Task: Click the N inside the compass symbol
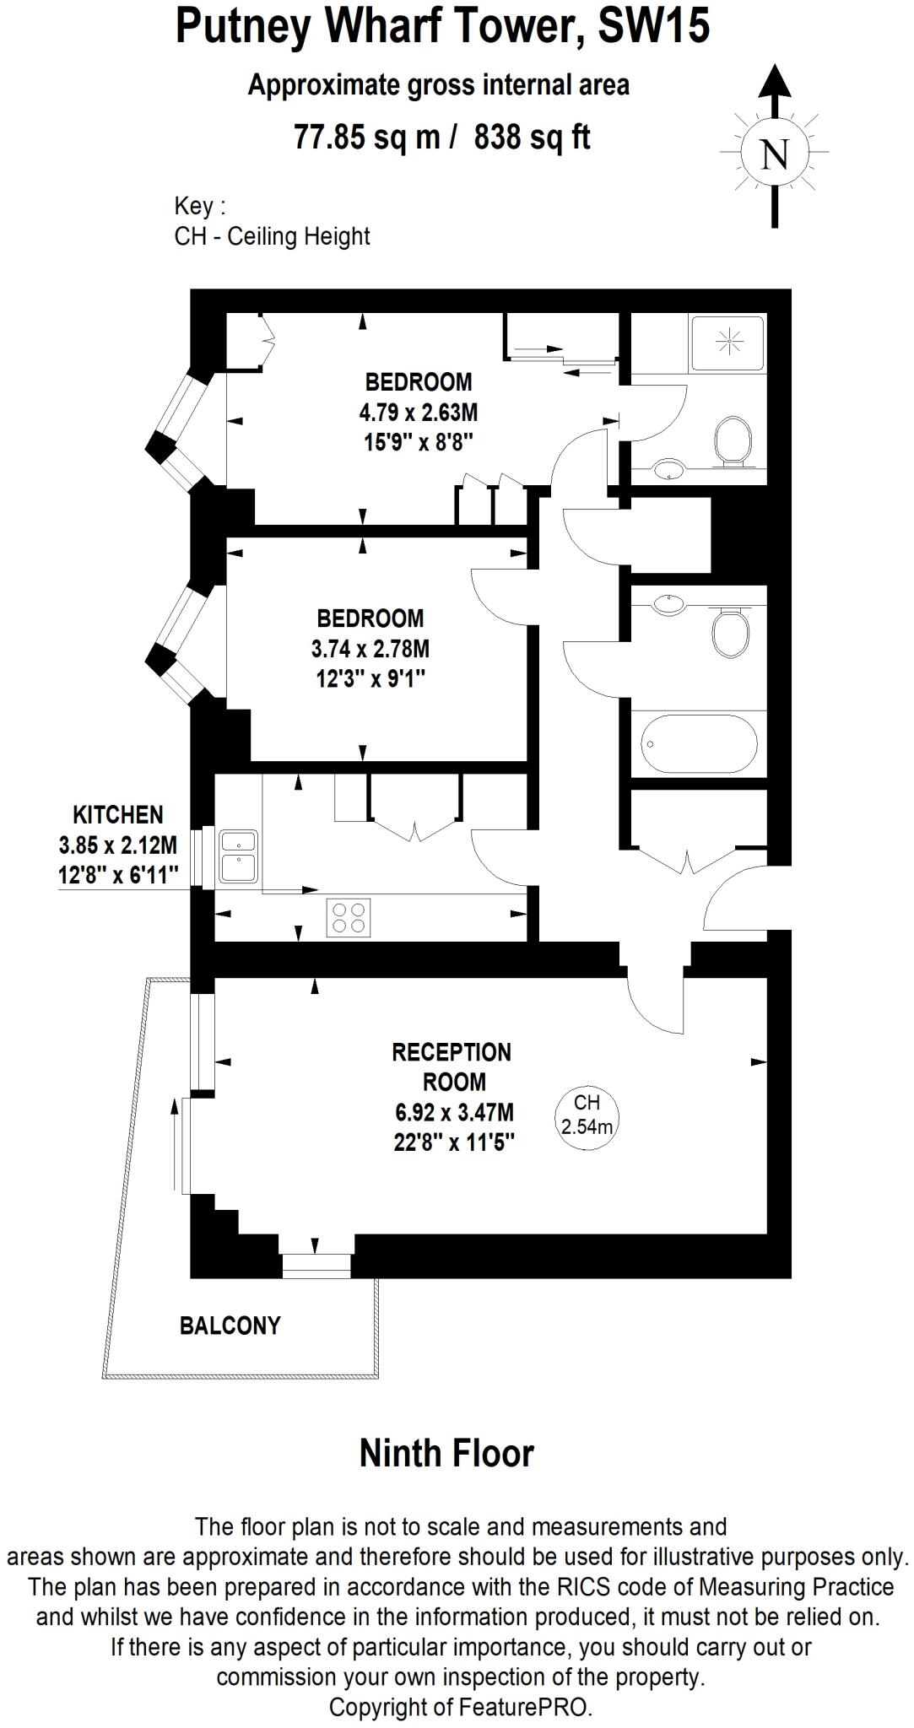coord(774,154)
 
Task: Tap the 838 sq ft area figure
coord(532,136)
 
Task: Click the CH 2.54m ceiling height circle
coord(587,1114)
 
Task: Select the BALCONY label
coord(230,1325)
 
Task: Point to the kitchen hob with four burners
coord(349,917)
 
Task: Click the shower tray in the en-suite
coord(727,343)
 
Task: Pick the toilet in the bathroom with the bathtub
coord(730,632)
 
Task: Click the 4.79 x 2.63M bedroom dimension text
coord(419,413)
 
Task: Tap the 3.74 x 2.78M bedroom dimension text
coord(370,649)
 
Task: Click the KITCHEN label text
coord(118,815)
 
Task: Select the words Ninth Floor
coord(446,1454)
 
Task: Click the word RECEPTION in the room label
coord(452,1052)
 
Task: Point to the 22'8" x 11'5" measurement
coord(454,1142)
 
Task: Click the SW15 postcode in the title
coord(653,27)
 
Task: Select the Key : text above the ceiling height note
coord(200,206)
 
